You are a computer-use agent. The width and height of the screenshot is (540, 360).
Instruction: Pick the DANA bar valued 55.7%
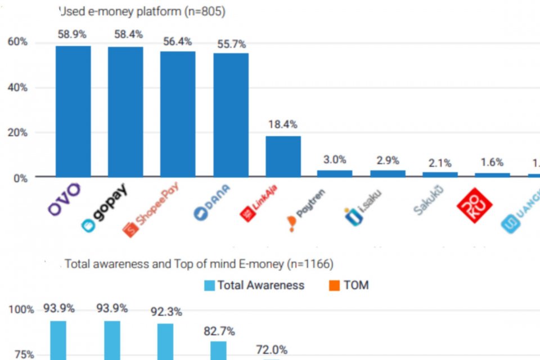pos(231,115)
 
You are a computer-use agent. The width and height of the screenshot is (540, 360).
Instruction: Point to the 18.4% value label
pos(283,124)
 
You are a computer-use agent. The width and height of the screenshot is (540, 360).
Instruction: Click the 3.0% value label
pos(335,159)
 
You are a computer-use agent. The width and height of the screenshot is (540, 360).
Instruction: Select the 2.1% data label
pos(439,163)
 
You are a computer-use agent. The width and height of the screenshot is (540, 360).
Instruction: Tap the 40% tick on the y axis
pos(17,88)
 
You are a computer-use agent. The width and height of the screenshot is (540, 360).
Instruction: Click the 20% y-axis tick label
pos(17,133)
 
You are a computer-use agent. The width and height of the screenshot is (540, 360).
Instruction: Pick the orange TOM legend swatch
pos(334,285)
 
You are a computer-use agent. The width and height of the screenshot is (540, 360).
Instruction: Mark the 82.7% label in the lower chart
pos(219,331)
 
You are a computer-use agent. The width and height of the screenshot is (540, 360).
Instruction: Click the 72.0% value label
pos(272,349)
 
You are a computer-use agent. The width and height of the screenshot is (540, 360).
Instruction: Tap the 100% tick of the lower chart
pos(21,309)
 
